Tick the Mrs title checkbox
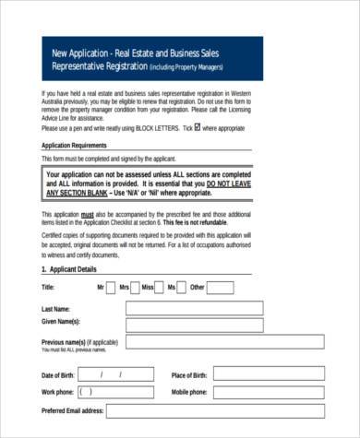tap(136, 288)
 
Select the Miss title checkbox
tap(161, 288)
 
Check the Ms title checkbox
tap(182, 288)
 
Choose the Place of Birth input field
tap(270, 375)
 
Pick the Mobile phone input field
tap(270, 392)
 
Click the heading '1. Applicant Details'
tap(69, 269)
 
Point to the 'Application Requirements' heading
tap(75, 146)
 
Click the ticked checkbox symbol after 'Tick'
tap(197, 128)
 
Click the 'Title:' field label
tap(49, 288)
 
